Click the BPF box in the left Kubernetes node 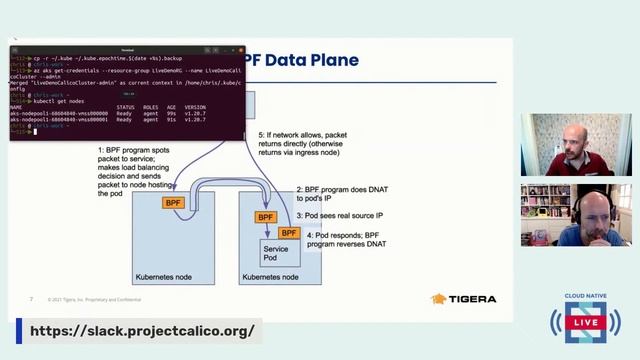point(174,202)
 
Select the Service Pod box point(276,255)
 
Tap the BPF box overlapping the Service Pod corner point(288,234)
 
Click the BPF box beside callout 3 point(265,216)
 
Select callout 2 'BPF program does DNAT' point(339,194)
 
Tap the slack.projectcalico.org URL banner point(141,331)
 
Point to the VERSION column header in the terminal point(195,107)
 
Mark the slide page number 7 point(31,298)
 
